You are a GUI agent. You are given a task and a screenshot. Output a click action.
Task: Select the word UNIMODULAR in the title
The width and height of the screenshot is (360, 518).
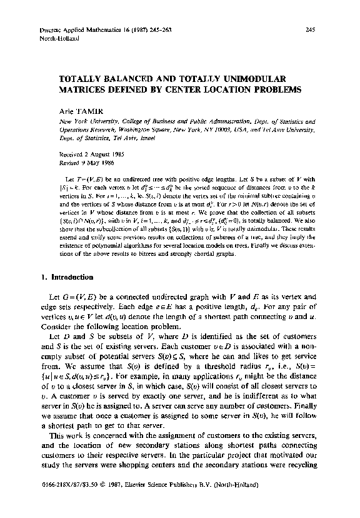pos(252,79)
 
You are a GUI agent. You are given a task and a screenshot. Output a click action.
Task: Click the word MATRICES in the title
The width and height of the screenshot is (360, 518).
pos(84,90)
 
